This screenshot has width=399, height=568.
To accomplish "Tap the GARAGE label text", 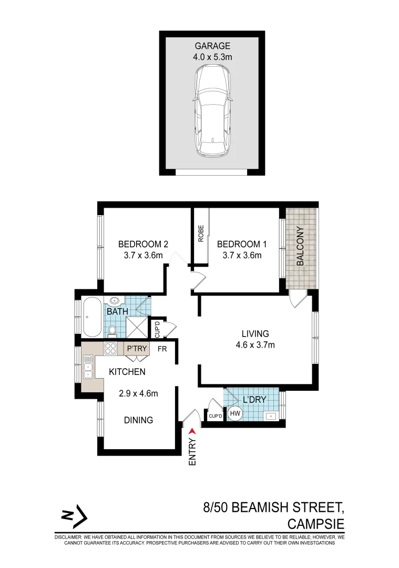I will point(213,46).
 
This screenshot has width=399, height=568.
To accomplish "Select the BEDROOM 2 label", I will point(143,244).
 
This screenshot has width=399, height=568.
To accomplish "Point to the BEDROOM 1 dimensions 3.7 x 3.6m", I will point(239,256).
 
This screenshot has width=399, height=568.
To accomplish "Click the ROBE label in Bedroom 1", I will point(201,234).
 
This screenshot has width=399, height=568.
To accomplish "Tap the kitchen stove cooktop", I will point(111,348).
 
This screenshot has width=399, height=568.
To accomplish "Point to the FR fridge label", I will point(163,348).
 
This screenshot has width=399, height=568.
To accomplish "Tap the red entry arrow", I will point(192,432).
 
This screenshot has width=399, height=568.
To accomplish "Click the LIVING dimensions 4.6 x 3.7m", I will point(255,346).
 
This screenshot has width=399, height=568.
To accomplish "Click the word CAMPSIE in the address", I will point(315,524).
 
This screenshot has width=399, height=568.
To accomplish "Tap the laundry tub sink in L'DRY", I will point(270,415).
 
